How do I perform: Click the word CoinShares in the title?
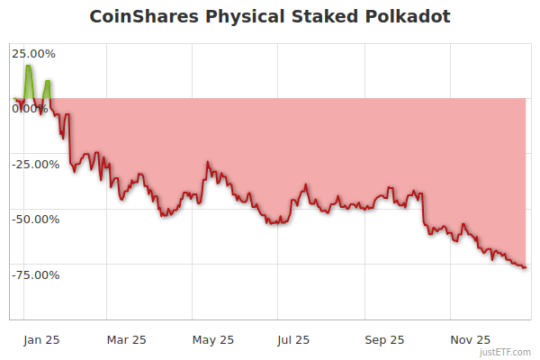[146, 17]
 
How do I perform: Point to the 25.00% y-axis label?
[32, 53]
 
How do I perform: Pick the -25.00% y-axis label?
[35, 164]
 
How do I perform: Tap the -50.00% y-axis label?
[35, 219]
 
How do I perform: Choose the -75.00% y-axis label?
[35, 274]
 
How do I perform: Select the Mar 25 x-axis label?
[125, 339]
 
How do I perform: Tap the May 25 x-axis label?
[212, 339]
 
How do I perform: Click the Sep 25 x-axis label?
[384, 339]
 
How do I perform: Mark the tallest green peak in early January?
[29, 67]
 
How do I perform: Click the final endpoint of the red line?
[526, 267]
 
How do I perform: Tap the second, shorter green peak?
[47, 82]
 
